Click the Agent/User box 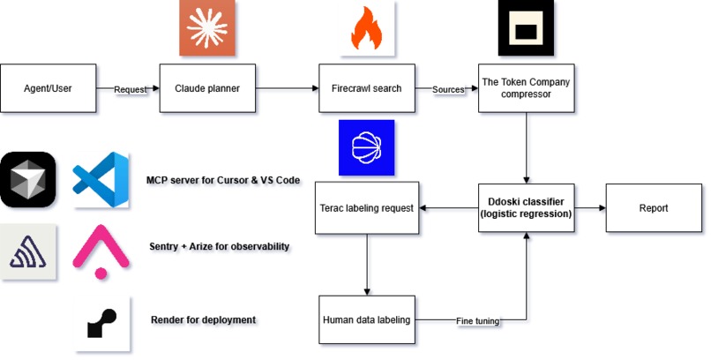click(48, 88)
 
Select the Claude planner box click(207, 88)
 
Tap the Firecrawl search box click(367, 88)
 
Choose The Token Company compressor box click(526, 88)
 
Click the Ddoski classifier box click(526, 207)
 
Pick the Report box click(654, 207)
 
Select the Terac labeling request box click(367, 207)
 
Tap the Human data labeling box click(367, 319)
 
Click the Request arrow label click(131, 89)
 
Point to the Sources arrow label click(448, 89)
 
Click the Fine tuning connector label click(477, 321)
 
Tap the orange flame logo click(367, 28)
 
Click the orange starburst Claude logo click(207, 28)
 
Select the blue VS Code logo click(101, 180)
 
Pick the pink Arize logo click(101, 251)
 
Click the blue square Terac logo click(366, 148)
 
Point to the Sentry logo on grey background click(28, 251)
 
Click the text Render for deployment click(203, 319)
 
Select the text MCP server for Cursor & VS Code click(223, 180)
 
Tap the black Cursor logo click(28, 180)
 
